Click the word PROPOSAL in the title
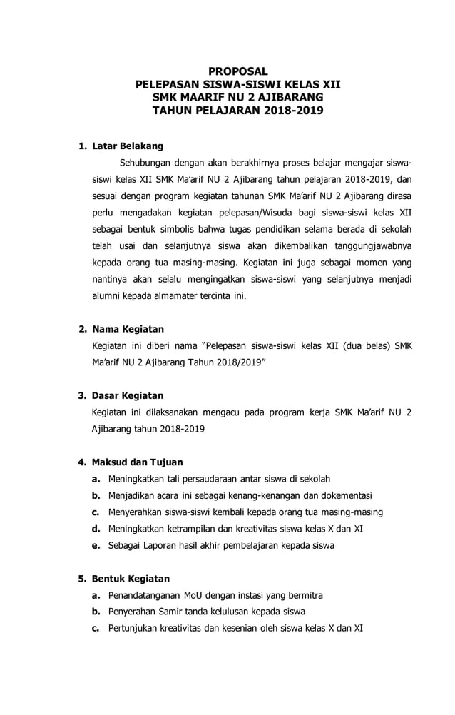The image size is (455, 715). point(237,71)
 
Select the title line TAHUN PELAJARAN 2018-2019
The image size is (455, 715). point(237,111)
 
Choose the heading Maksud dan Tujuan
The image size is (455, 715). point(137,462)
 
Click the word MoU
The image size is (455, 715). point(195,595)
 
